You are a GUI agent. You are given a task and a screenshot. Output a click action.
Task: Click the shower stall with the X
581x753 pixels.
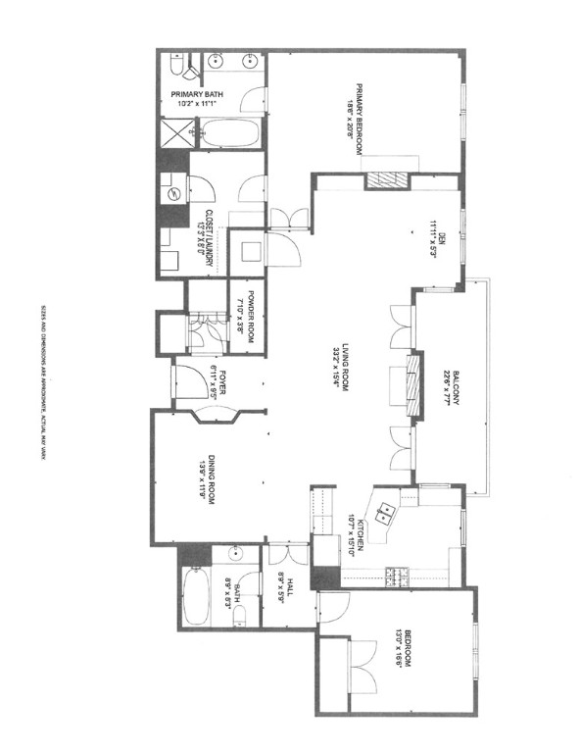coord(177,130)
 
